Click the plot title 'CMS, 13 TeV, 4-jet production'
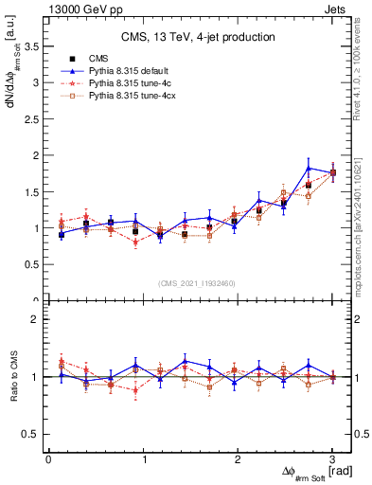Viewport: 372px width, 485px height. click(198, 37)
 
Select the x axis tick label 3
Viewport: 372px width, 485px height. click(332, 459)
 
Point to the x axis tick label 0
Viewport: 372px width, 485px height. click(48, 459)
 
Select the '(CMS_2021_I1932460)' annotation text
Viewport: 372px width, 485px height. click(198, 282)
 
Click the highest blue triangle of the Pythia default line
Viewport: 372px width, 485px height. click(309, 169)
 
